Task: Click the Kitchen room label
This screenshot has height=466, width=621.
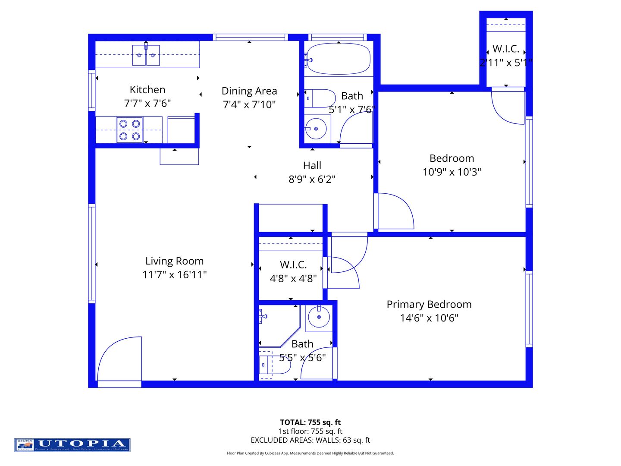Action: pos(147,90)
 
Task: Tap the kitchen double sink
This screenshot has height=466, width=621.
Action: pos(146,55)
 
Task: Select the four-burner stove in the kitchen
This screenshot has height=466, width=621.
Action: pos(129,130)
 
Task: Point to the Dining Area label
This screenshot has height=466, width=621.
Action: pos(249,91)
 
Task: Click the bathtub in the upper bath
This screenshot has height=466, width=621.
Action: pos(339,59)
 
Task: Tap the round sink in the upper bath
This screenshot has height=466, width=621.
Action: pos(316,129)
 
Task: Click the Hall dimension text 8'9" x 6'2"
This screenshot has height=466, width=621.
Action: pos(312,179)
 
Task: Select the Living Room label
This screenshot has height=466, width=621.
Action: pos(174,261)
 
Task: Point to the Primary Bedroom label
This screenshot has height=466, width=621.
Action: pos(429,305)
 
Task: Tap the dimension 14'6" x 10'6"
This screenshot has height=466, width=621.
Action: pos(429,318)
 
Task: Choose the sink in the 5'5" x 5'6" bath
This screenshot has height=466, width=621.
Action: pos(319,318)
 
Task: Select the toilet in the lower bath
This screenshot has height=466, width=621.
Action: pos(274,365)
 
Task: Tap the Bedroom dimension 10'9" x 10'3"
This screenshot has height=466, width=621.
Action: pos(452,172)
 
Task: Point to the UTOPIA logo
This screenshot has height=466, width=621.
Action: pos(72,445)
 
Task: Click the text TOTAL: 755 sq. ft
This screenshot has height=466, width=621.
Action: pos(310,422)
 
